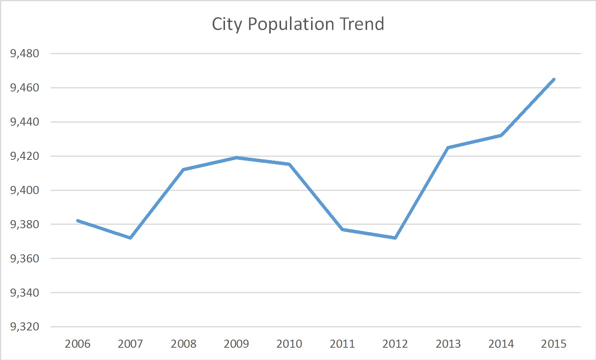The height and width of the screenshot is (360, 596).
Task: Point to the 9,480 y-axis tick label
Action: [25, 53]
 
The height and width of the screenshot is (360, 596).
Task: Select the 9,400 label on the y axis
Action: [25, 190]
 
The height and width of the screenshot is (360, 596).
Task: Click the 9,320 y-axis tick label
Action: [25, 327]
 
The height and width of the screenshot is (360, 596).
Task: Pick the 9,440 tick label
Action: [25, 122]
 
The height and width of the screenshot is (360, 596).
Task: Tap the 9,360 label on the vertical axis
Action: [25, 259]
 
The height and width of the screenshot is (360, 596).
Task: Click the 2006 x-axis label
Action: [78, 343]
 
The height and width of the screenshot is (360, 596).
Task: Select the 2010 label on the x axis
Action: [289, 343]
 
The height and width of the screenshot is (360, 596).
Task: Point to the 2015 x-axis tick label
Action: [554, 343]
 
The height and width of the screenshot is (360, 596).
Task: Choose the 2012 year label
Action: [395, 343]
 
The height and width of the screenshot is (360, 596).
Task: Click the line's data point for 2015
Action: [554, 79]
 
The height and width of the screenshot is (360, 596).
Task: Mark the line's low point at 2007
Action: [131, 238]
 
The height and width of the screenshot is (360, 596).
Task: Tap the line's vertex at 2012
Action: [395, 238]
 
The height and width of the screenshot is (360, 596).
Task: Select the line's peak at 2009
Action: [237, 158]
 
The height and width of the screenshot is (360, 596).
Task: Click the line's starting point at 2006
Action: [78, 221]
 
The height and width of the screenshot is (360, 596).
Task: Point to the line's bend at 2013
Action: [448, 148]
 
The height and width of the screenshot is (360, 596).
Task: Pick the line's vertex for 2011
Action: [342, 229]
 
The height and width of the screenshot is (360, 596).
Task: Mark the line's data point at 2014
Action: [501, 135]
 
